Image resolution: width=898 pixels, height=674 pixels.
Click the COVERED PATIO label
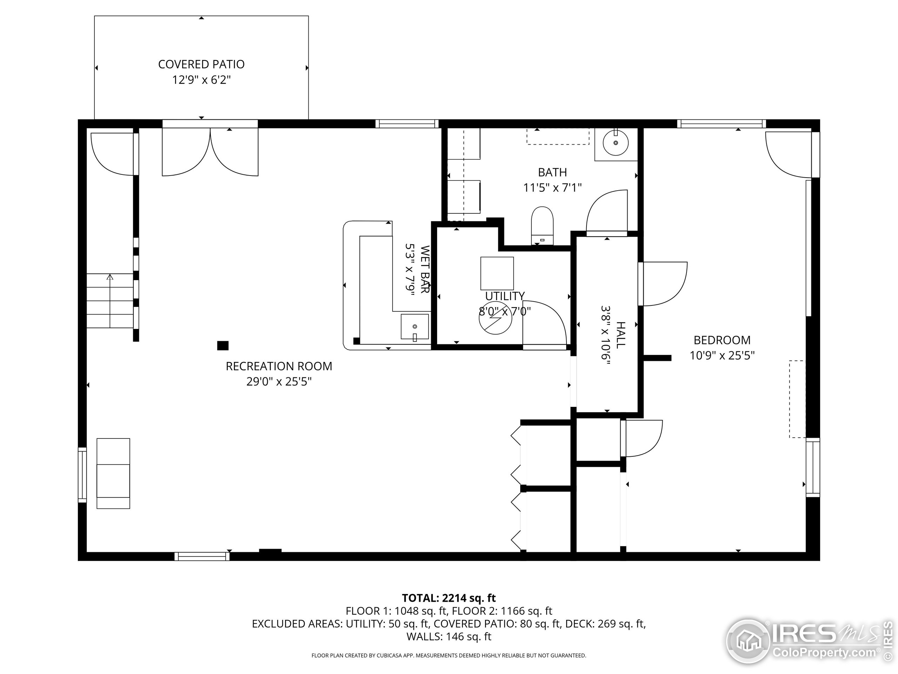[201, 64]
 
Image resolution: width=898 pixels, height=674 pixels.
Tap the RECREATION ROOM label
[279, 366]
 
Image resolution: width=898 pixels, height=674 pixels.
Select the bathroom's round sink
[616, 143]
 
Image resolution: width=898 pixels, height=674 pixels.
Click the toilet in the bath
[542, 226]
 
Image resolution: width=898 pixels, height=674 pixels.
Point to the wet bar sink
[415, 326]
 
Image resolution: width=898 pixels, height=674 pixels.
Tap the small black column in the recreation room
[222, 345]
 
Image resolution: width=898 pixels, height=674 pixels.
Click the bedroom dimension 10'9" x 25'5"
[722, 356]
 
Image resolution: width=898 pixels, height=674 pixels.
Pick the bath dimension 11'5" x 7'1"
[552, 188]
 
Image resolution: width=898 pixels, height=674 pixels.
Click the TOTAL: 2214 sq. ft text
[449, 598]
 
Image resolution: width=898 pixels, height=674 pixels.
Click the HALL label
[621, 335]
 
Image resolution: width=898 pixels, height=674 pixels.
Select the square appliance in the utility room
[497, 273]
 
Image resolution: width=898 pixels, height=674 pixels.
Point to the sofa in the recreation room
[113, 473]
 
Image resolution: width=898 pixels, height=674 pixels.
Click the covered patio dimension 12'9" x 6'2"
[201, 80]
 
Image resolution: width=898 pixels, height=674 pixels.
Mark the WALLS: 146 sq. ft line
[449, 636]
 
